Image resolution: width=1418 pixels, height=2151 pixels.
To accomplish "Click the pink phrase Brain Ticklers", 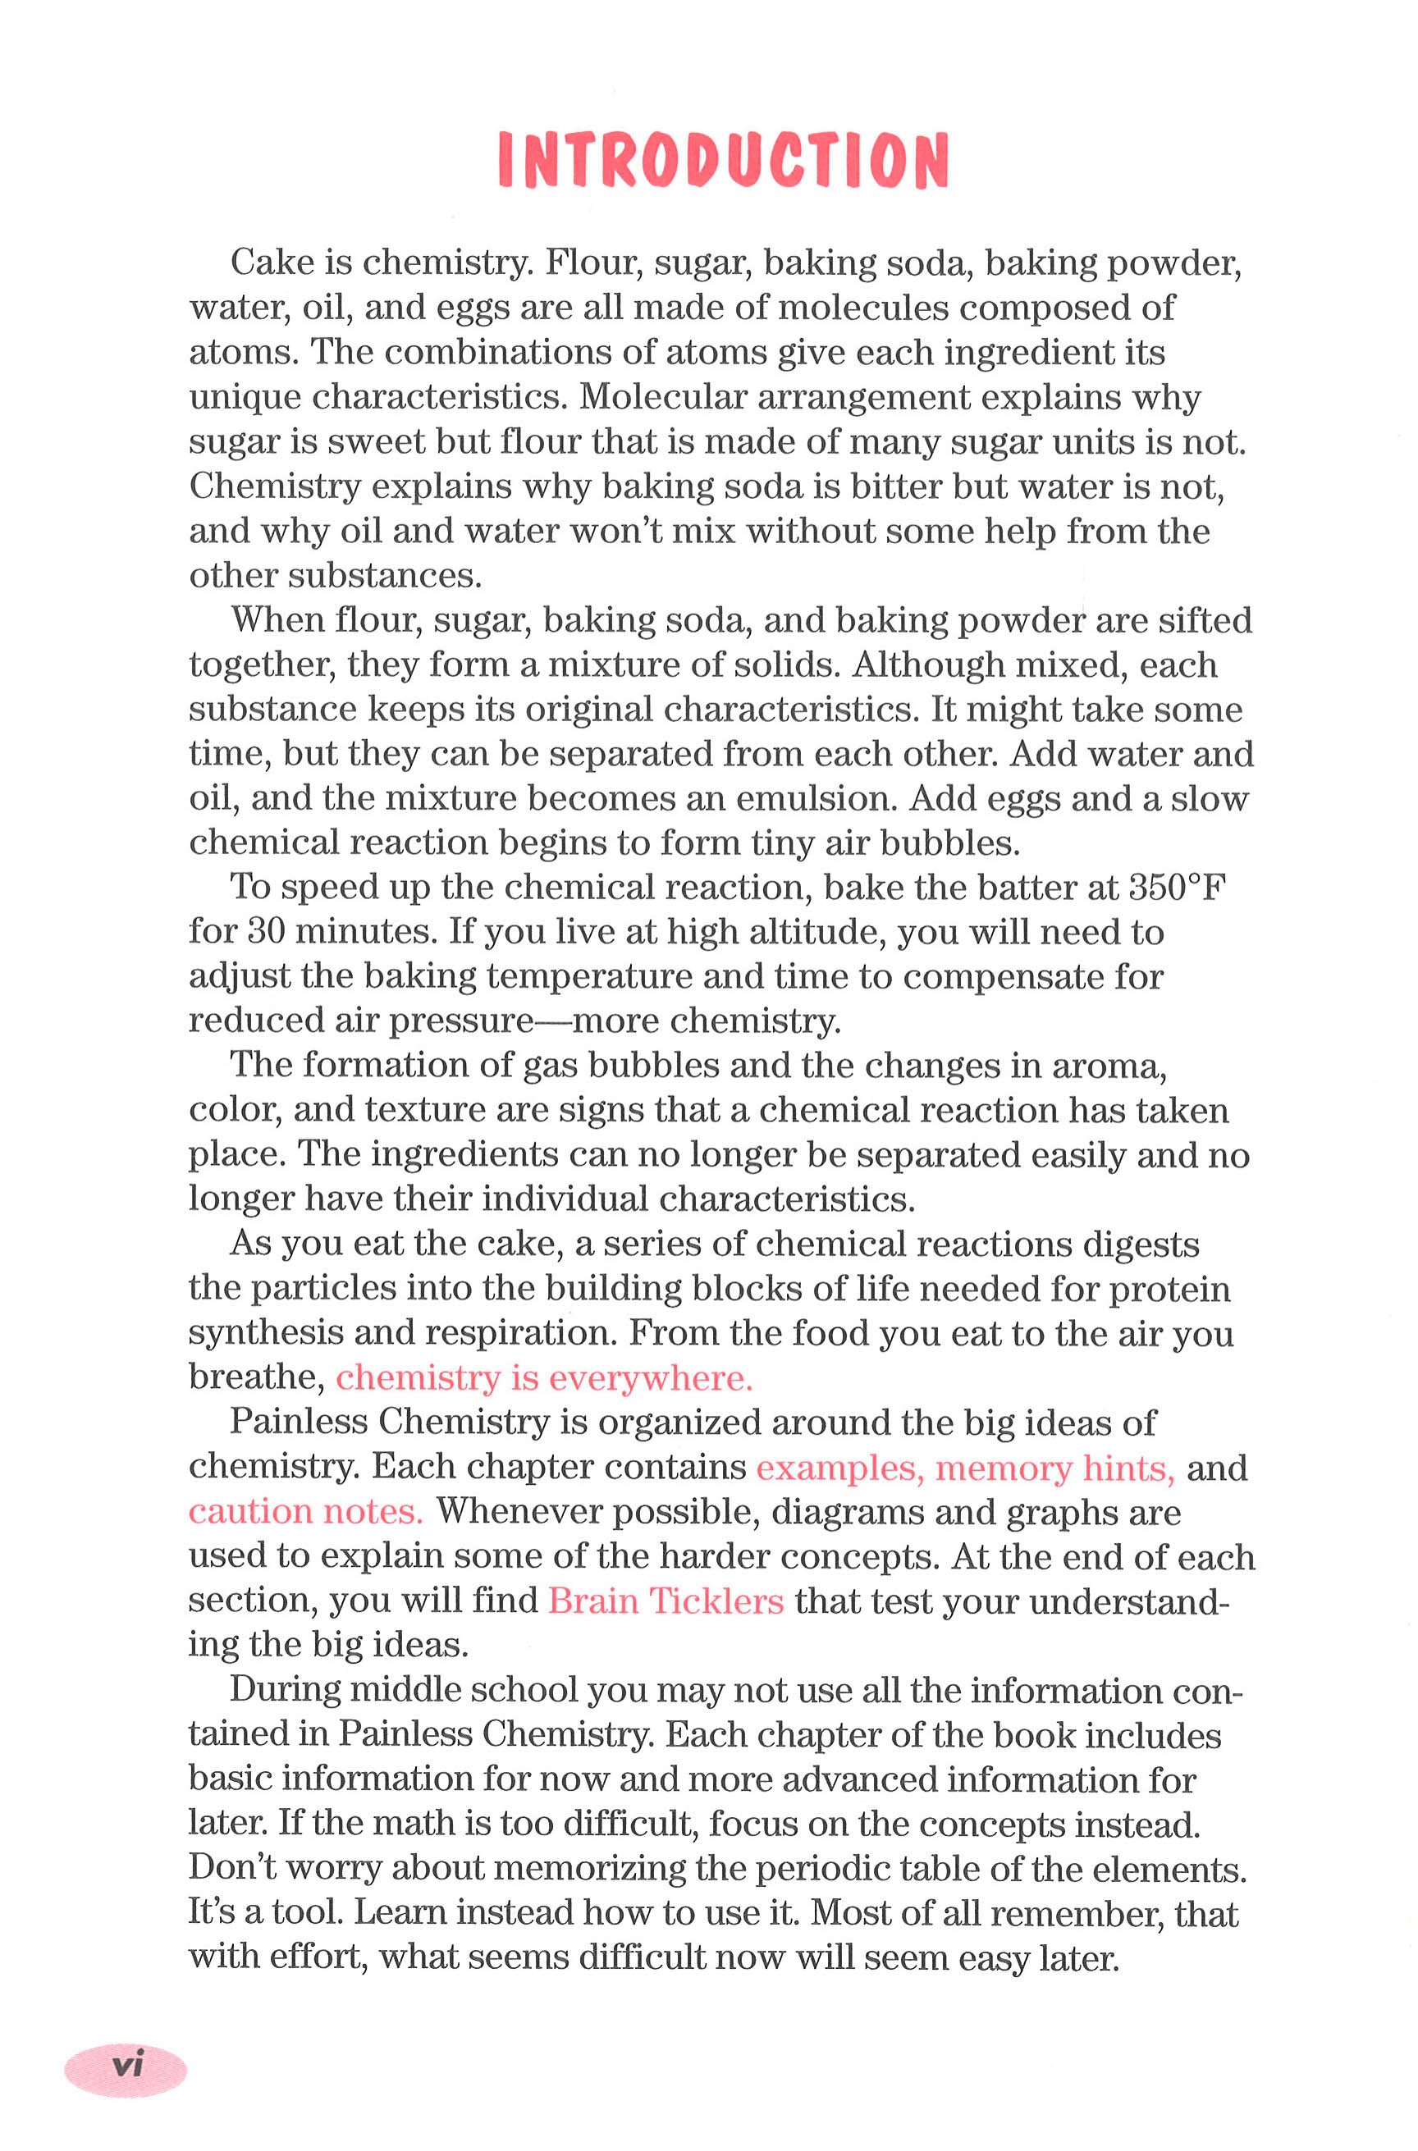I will (x=666, y=1601).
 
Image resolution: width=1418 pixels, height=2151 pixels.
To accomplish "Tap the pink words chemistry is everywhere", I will (x=544, y=1377).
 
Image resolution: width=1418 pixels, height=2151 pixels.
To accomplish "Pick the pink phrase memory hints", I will (x=1054, y=1467).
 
